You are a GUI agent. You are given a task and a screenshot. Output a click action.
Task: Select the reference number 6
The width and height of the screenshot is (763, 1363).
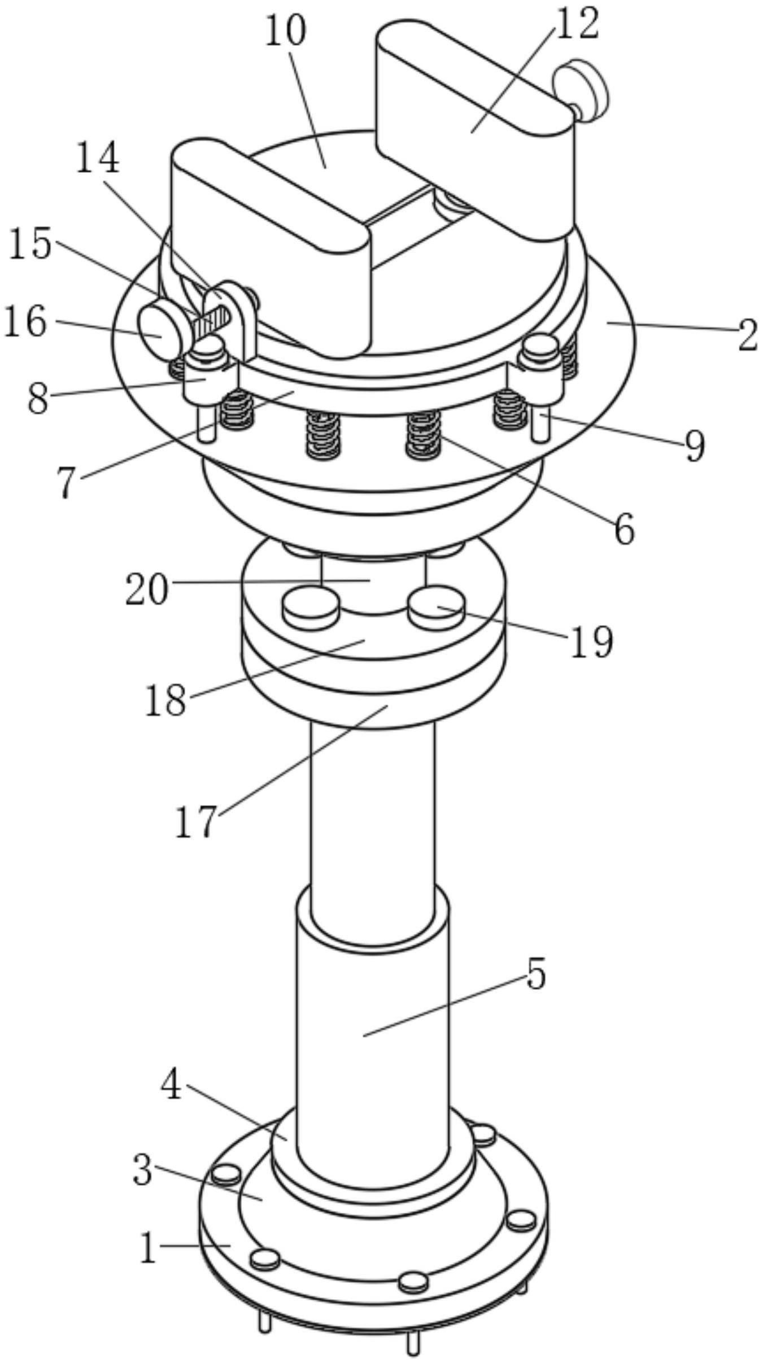tap(625, 528)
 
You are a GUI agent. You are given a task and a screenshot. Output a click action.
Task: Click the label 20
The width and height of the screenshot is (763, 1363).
tap(147, 589)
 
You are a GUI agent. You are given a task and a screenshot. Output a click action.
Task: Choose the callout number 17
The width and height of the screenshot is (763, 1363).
tap(196, 821)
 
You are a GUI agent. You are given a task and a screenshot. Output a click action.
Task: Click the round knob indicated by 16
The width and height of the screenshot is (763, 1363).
tap(160, 330)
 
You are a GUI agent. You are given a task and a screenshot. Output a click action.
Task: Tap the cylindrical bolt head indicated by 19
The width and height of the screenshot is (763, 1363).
tap(437, 609)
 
